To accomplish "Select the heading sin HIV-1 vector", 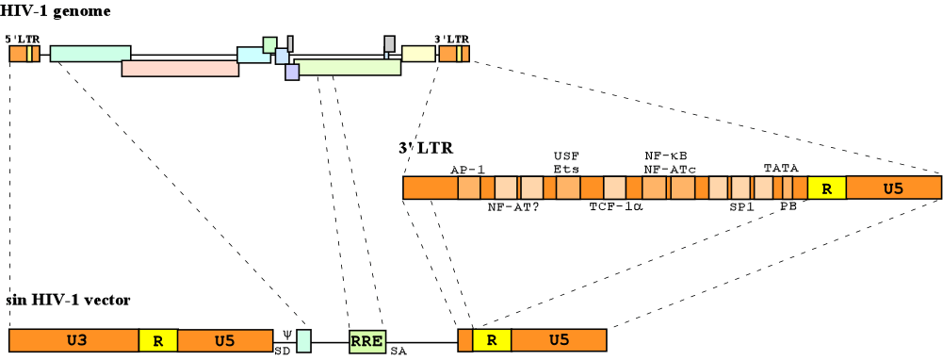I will pyautogui.click(x=67, y=300).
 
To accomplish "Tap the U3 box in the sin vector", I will pyautogui.click(x=73, y=340).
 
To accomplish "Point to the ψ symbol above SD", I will pyautogui.click(x=287, y=335).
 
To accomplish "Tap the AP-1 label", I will pyautogui.click(x=467, y=169).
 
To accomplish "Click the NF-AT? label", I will pyautogui.click(x=512, y=206).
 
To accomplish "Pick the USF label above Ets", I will pyautogui.click(x=565, y=155).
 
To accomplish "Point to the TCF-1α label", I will pyautogui.click(x=615, y=206).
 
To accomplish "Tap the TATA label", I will pyautogui.click(x=781, y=168).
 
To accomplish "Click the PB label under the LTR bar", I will pyautogui.click(x=788, y=206).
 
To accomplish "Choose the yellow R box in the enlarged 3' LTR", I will pyautogui.click(x=826, y=188).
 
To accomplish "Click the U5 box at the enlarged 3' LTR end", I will pyautogui.click(x=893, y=188).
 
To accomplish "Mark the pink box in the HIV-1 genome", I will pyautogui.click(x=180, y=69).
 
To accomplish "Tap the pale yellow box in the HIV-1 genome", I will pyautogui.click(x=418, y=54).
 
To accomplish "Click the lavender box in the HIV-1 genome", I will pyautogui.click(x=292, y=72).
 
